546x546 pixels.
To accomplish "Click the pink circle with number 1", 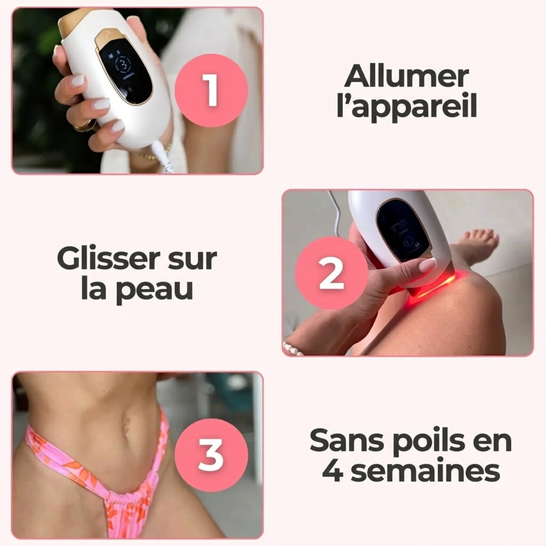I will coord(211,90).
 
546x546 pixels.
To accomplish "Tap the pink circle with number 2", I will coord(331,273).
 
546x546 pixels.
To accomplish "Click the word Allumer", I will coord(407,76).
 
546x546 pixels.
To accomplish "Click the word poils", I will coord(422,441).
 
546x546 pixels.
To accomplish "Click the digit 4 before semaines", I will coord(333,471).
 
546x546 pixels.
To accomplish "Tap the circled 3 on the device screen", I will coord(123,65).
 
